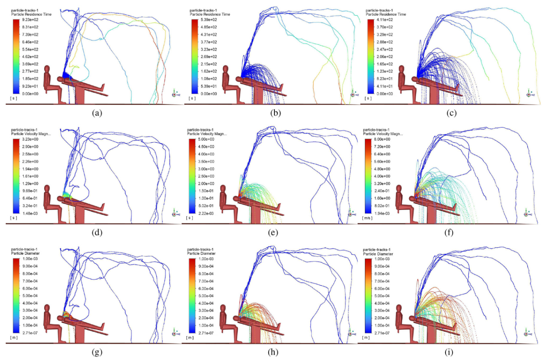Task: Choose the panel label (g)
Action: pyautogui.click(x=97, y=352)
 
